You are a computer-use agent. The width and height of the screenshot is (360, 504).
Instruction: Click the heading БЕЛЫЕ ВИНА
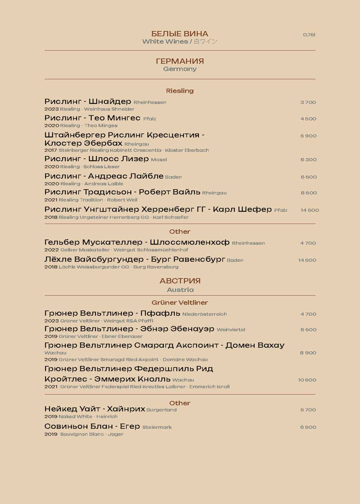[180, 34]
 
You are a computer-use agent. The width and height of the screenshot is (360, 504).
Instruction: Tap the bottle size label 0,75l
[309, 35]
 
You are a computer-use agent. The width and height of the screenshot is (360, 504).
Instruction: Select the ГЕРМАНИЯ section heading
[180, 61]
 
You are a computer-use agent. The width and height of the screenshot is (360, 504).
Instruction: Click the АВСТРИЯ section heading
[180, 281]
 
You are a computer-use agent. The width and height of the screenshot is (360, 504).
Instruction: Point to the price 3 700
[308, 102]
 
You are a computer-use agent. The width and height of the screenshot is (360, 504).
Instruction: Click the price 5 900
[309, 136]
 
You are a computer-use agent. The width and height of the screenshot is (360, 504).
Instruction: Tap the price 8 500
[309, 193]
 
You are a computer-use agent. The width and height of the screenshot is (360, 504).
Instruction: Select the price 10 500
[307, 380]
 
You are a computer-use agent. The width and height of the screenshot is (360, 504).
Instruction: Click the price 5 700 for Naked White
[308, 410]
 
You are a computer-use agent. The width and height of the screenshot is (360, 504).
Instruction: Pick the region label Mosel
[159, 160]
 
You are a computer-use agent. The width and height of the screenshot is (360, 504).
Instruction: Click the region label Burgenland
[161, 410]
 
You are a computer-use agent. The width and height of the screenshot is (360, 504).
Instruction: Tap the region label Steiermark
[157, 427]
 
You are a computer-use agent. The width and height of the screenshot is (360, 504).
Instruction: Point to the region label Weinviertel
[231, 330]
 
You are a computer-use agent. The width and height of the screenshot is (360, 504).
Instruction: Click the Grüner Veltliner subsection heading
[180, 303]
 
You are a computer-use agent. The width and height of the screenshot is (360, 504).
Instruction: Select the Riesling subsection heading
[180, 91]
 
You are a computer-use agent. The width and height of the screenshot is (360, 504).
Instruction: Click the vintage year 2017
[51, 150]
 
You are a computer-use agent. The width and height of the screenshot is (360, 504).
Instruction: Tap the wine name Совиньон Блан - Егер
[92, 426]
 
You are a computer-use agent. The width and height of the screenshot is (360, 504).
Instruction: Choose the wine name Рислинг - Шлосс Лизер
[97, 159]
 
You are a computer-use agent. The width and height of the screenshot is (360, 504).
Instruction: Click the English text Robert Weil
[122, 200]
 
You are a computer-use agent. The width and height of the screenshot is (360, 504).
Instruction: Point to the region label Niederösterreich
[205, 314]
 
